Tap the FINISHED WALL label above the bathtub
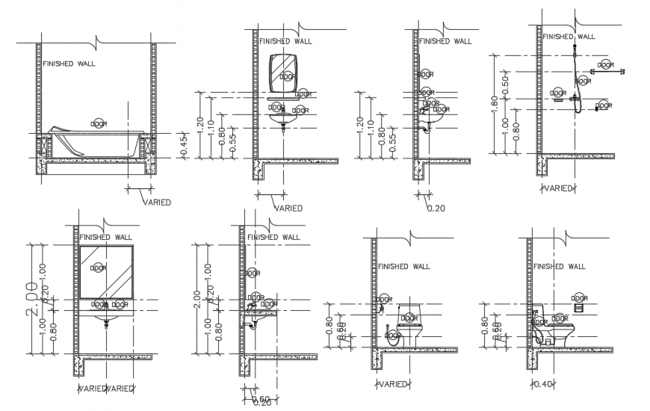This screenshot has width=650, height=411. (x=69, y=64)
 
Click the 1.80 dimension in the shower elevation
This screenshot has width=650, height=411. (x=492, y=103)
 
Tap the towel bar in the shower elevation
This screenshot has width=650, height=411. (x=607, y=70)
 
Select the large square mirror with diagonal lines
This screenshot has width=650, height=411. (x=106, y=272)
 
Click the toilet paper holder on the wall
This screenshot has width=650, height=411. (x=577, y=305)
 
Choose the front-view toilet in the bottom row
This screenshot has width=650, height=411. (x=408, y=323)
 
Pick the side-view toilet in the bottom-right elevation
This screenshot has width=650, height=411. (x=554, y=327)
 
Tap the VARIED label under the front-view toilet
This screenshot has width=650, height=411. (x=393, y=384)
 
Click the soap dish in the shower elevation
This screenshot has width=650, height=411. (x=557, y=94)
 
